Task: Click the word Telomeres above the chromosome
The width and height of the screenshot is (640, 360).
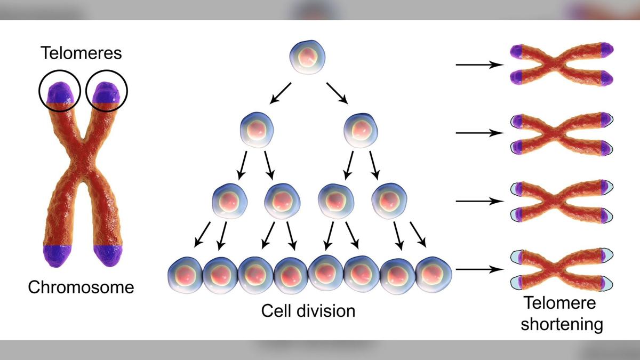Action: pos(81,53)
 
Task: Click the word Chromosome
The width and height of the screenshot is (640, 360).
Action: pos(81,287)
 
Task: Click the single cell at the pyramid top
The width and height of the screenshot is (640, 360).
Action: pos(307,57)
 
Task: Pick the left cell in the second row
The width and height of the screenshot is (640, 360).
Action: pos(257,130)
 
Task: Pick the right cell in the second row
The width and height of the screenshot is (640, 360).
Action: pos(361,130)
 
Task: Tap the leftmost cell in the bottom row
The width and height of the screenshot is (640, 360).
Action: pos(186,275)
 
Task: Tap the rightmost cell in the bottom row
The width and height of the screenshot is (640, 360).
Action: pos(434,275)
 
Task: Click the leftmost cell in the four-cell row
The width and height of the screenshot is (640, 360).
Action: pos(230,201)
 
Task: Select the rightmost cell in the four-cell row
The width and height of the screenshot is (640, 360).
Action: pos(389,201)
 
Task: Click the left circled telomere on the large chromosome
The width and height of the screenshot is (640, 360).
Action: pos(60,93)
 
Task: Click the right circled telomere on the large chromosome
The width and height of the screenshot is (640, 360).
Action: pos(107,93)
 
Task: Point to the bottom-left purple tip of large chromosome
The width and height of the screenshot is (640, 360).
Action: pos(58,255)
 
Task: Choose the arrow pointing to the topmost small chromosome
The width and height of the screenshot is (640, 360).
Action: pos(479,65)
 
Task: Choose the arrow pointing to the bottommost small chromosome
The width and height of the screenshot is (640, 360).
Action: pos(479,269)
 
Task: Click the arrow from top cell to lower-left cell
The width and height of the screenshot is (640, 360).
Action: pos(281,93)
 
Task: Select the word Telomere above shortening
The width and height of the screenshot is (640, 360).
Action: pos(559,303)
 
